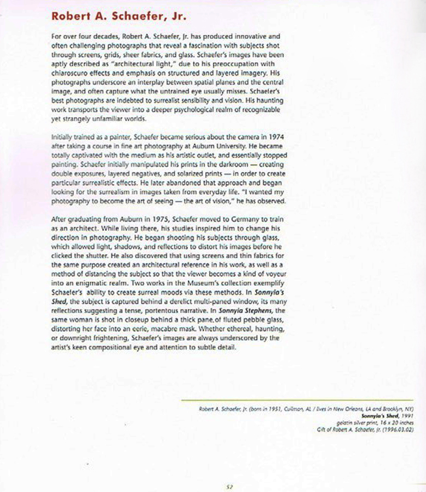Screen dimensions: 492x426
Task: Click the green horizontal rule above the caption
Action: point(296,400)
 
